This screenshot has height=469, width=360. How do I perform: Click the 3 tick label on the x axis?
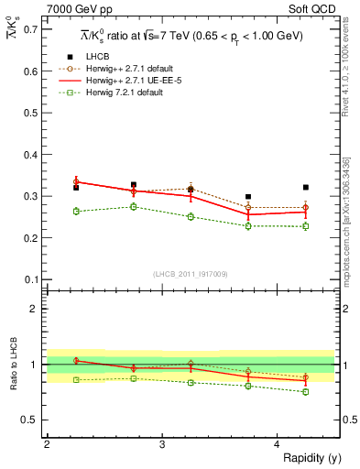point(162,445)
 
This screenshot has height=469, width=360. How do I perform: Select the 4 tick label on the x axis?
point(278,445)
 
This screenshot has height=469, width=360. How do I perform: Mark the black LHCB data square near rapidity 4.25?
point(306,187)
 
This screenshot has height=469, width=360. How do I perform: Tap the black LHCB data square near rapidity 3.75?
point(248,196)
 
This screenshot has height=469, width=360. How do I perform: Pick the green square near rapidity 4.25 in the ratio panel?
point(306,391)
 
